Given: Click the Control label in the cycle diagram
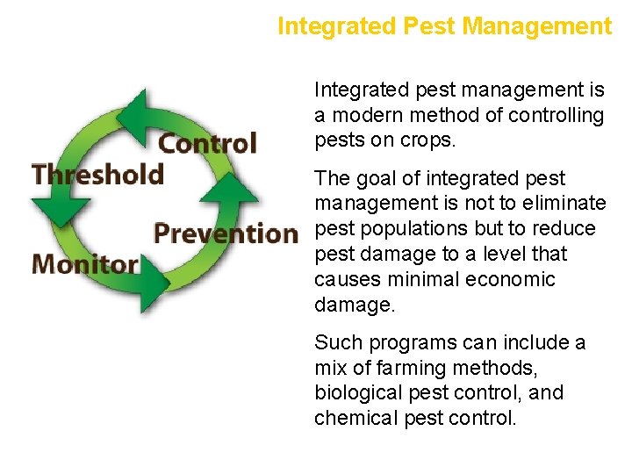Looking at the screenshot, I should (x=207, y=143).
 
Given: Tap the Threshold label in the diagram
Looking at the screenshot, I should (x=97, y=174).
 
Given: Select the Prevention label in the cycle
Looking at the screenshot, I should (x=226, y=233).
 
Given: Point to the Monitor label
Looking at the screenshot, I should (x=85, y=263).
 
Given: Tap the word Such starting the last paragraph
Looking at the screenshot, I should (x=334, y=342).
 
